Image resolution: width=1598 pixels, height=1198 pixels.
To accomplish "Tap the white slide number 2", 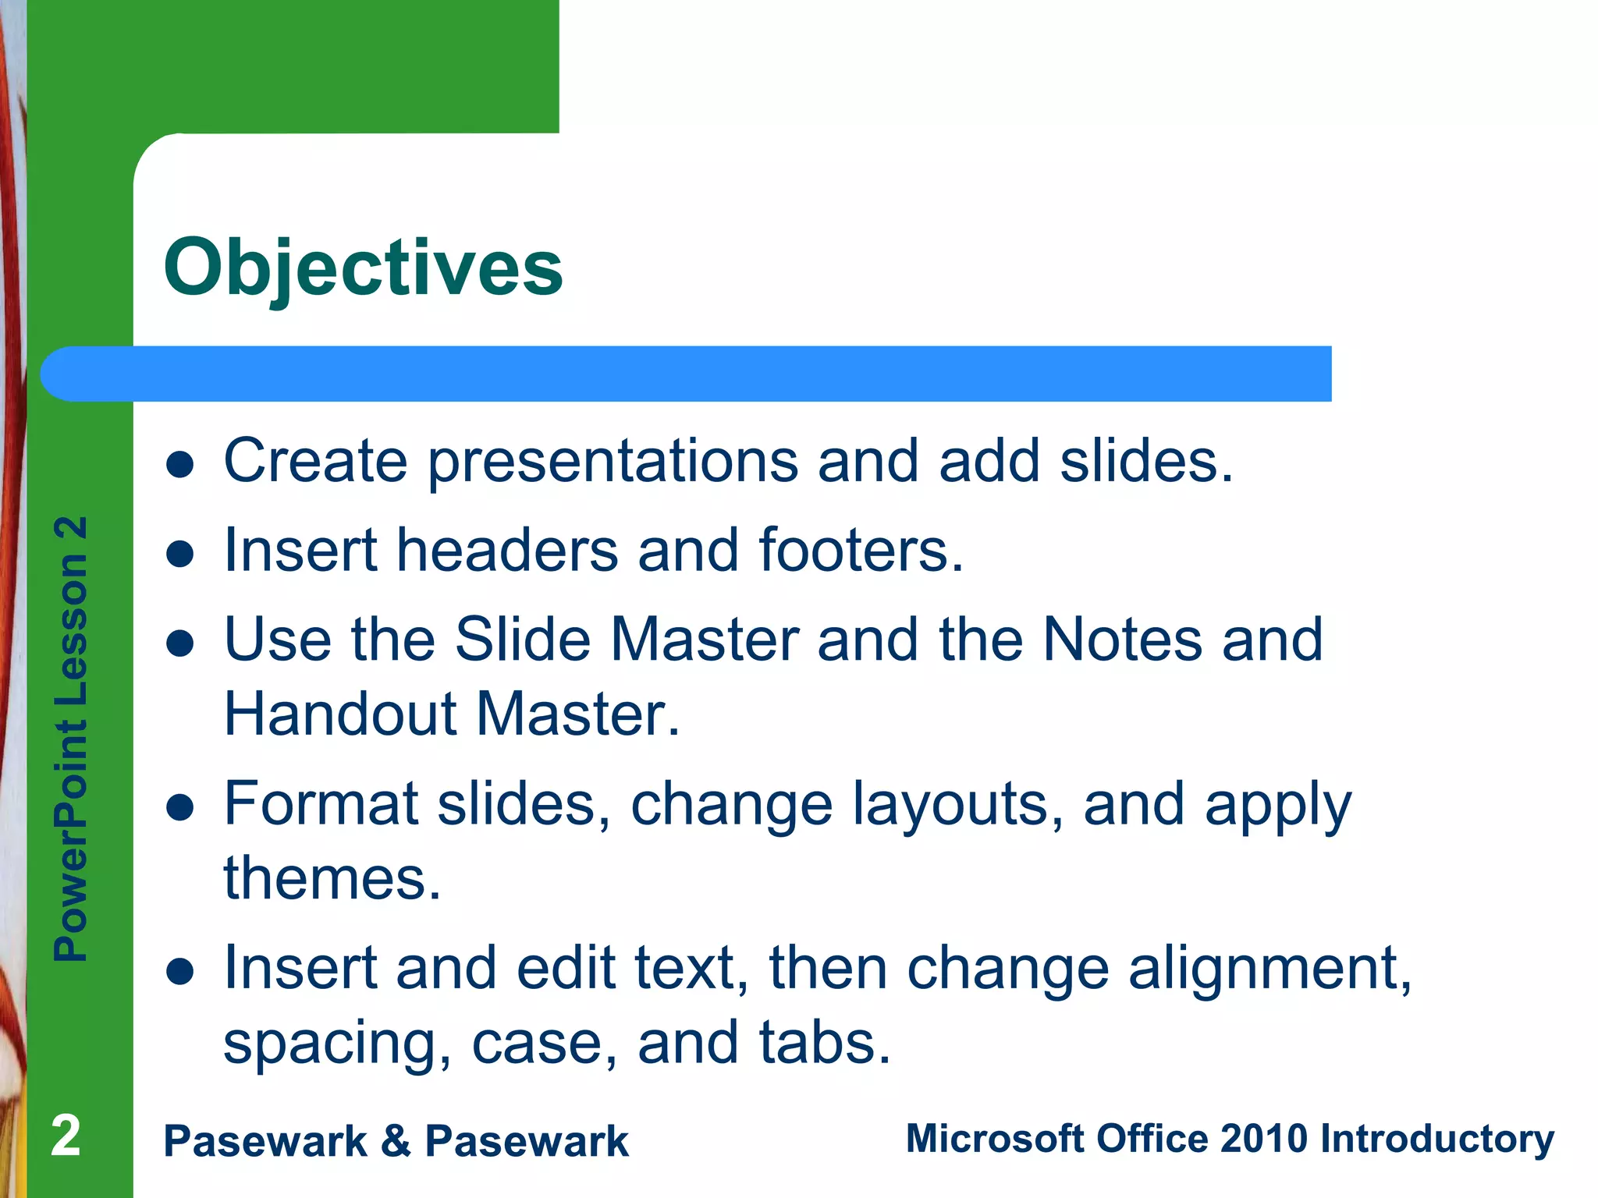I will pyautogui.click(x=66, y=1136).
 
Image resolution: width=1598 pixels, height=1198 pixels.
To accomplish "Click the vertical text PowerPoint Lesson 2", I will pyautogui.click(x=71, y=738).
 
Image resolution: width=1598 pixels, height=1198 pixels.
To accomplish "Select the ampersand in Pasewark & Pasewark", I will pyautogui.click(x=396, y=1140).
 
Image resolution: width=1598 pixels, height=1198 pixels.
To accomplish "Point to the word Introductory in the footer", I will pyautogui.click(x=1436, y=1140).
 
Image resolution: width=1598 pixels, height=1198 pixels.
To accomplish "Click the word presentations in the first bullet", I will pyautogui.click(x=613, y=462).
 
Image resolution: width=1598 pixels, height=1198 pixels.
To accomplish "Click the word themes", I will pyautogui.click(x=332, y=878).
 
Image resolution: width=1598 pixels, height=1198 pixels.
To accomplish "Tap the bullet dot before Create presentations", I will pyautogui.click(x=180, y=465).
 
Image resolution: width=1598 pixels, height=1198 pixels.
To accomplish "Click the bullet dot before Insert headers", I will pyautogui.click(x=180, y=555).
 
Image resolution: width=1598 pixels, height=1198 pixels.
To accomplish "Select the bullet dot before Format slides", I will pyautogui.click(x=180, y=808).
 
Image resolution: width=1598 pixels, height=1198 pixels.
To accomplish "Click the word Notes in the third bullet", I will pyautogui.click(x=1122, y=640).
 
